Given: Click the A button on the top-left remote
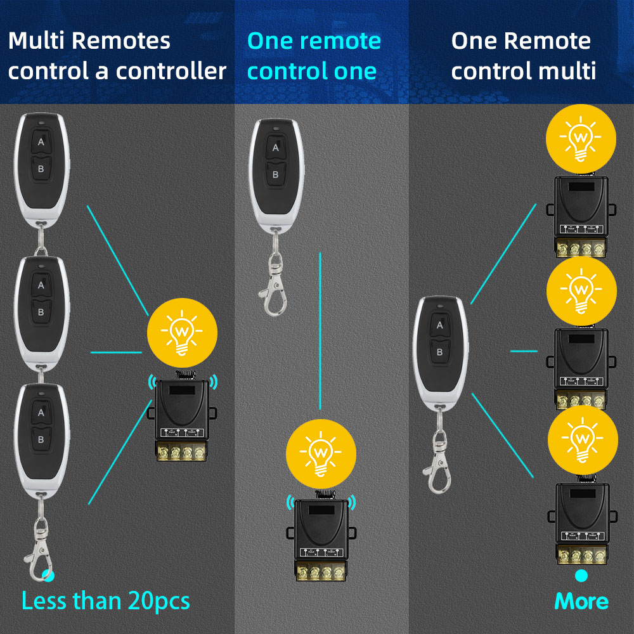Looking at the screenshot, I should tap(41, 142).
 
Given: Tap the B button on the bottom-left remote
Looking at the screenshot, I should tap(41, 439).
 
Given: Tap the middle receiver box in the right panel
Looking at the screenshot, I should tap(581, 365).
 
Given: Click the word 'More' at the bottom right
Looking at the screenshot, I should tap(581, 601).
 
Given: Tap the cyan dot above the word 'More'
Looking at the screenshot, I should tap(581, 576).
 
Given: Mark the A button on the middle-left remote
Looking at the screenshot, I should tap(41, 285).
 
